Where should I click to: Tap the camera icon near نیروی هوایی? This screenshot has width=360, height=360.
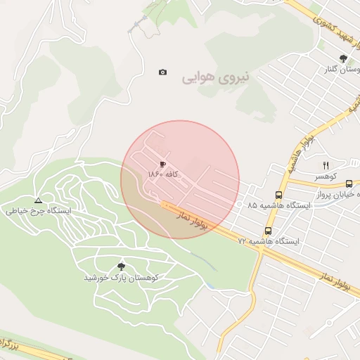pyautogui.click(x=163, y=72)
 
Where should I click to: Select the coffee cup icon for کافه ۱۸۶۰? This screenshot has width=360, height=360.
pyautogui.click(x=163, y=163)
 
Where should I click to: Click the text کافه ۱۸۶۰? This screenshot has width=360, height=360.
pyautogui.click(x=166, y=173)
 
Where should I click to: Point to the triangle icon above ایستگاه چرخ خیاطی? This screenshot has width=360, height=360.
pyautogui.click(x=38, y=200)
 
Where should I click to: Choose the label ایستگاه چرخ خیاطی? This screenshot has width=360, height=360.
pyautogui.click(x=38, y=210)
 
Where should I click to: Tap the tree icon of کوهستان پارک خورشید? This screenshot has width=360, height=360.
pyautogui.click(x=122, y=266)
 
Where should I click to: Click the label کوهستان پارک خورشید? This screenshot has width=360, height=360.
pyautogui.click(x=122, y=277)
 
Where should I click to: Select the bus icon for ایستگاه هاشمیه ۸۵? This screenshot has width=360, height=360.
pyautogui.click(x=279, y=195)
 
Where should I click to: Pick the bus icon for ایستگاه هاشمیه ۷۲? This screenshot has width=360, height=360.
pyautogui.click(x=268, y=231)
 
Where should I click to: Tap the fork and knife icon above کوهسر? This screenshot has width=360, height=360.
pyautogui.click(x=326, y=165)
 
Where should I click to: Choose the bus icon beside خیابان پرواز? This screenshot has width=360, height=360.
pyautogui.click(x=349, y=184)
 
